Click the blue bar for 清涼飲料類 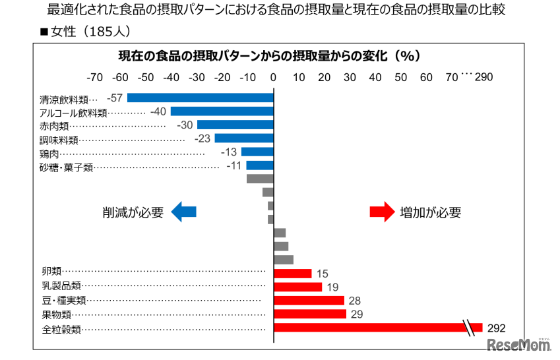tap(201, 98)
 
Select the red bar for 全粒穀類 tap(369, 328)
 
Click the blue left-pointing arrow tap(184, 212)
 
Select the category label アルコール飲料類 tap(73, 113)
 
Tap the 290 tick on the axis tap(483, 77)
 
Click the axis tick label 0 tap(274, 77)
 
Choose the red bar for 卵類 tap(292, 274)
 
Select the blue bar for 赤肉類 tap(235, 125)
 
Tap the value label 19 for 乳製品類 tap(332, 287)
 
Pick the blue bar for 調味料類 tap(243, 138)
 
